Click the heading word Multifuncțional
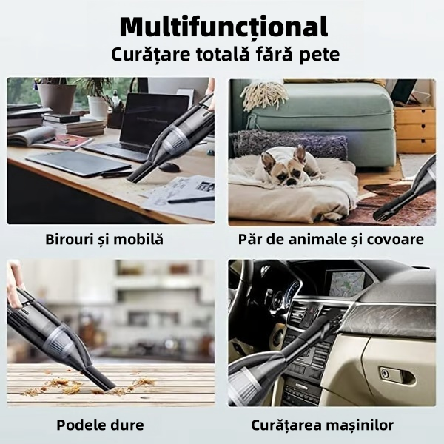click(223, 27)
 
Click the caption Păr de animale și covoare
click(331, 240)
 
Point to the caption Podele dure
click(100, 425)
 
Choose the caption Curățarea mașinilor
click(332, 425)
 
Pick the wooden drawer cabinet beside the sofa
click(414, 126)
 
